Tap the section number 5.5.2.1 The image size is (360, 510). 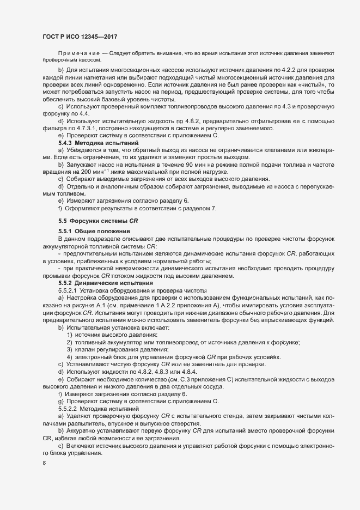pyautogui.click(x=69, y=290)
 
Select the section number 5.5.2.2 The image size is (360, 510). pyautogui.click(x=69, y=408)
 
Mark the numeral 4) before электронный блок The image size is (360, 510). pyautogui.click(x=70, y=357)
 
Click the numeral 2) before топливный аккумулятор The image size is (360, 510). pyautogui.click(x=70, y=342)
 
